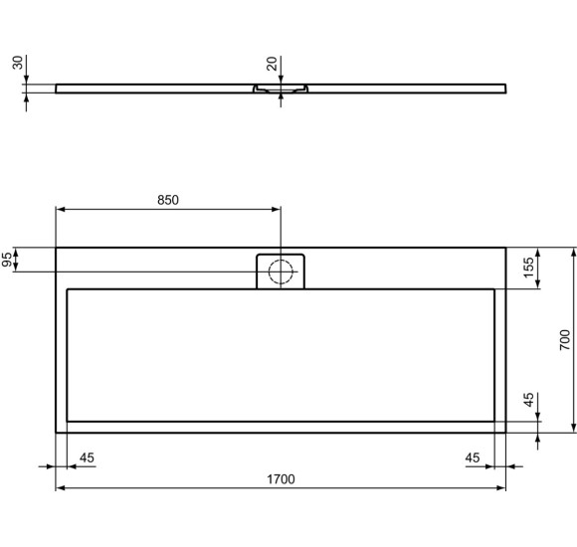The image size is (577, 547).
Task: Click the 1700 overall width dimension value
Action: click(x=281, y=479)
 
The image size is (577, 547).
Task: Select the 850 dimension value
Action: click(x=167, y=200)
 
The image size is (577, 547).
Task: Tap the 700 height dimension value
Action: click(x=564, y=340)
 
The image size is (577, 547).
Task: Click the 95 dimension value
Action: click(x=8, y=260)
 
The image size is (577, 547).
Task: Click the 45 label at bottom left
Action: click(x=87, y=457)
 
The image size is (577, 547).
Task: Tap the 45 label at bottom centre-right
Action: click(x=473, y=457)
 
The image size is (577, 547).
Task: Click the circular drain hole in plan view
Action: click(x=282, y=271)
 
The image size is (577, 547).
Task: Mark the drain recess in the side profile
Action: click(x=282, y=90)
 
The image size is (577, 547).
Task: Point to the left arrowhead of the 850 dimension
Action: click(x=61, y=210)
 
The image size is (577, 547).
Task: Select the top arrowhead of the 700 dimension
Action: click(x=574, y=253)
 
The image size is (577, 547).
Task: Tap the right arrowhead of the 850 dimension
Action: click(x=276, y=210)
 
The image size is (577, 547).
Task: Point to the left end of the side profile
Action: click(x=58, y=88)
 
